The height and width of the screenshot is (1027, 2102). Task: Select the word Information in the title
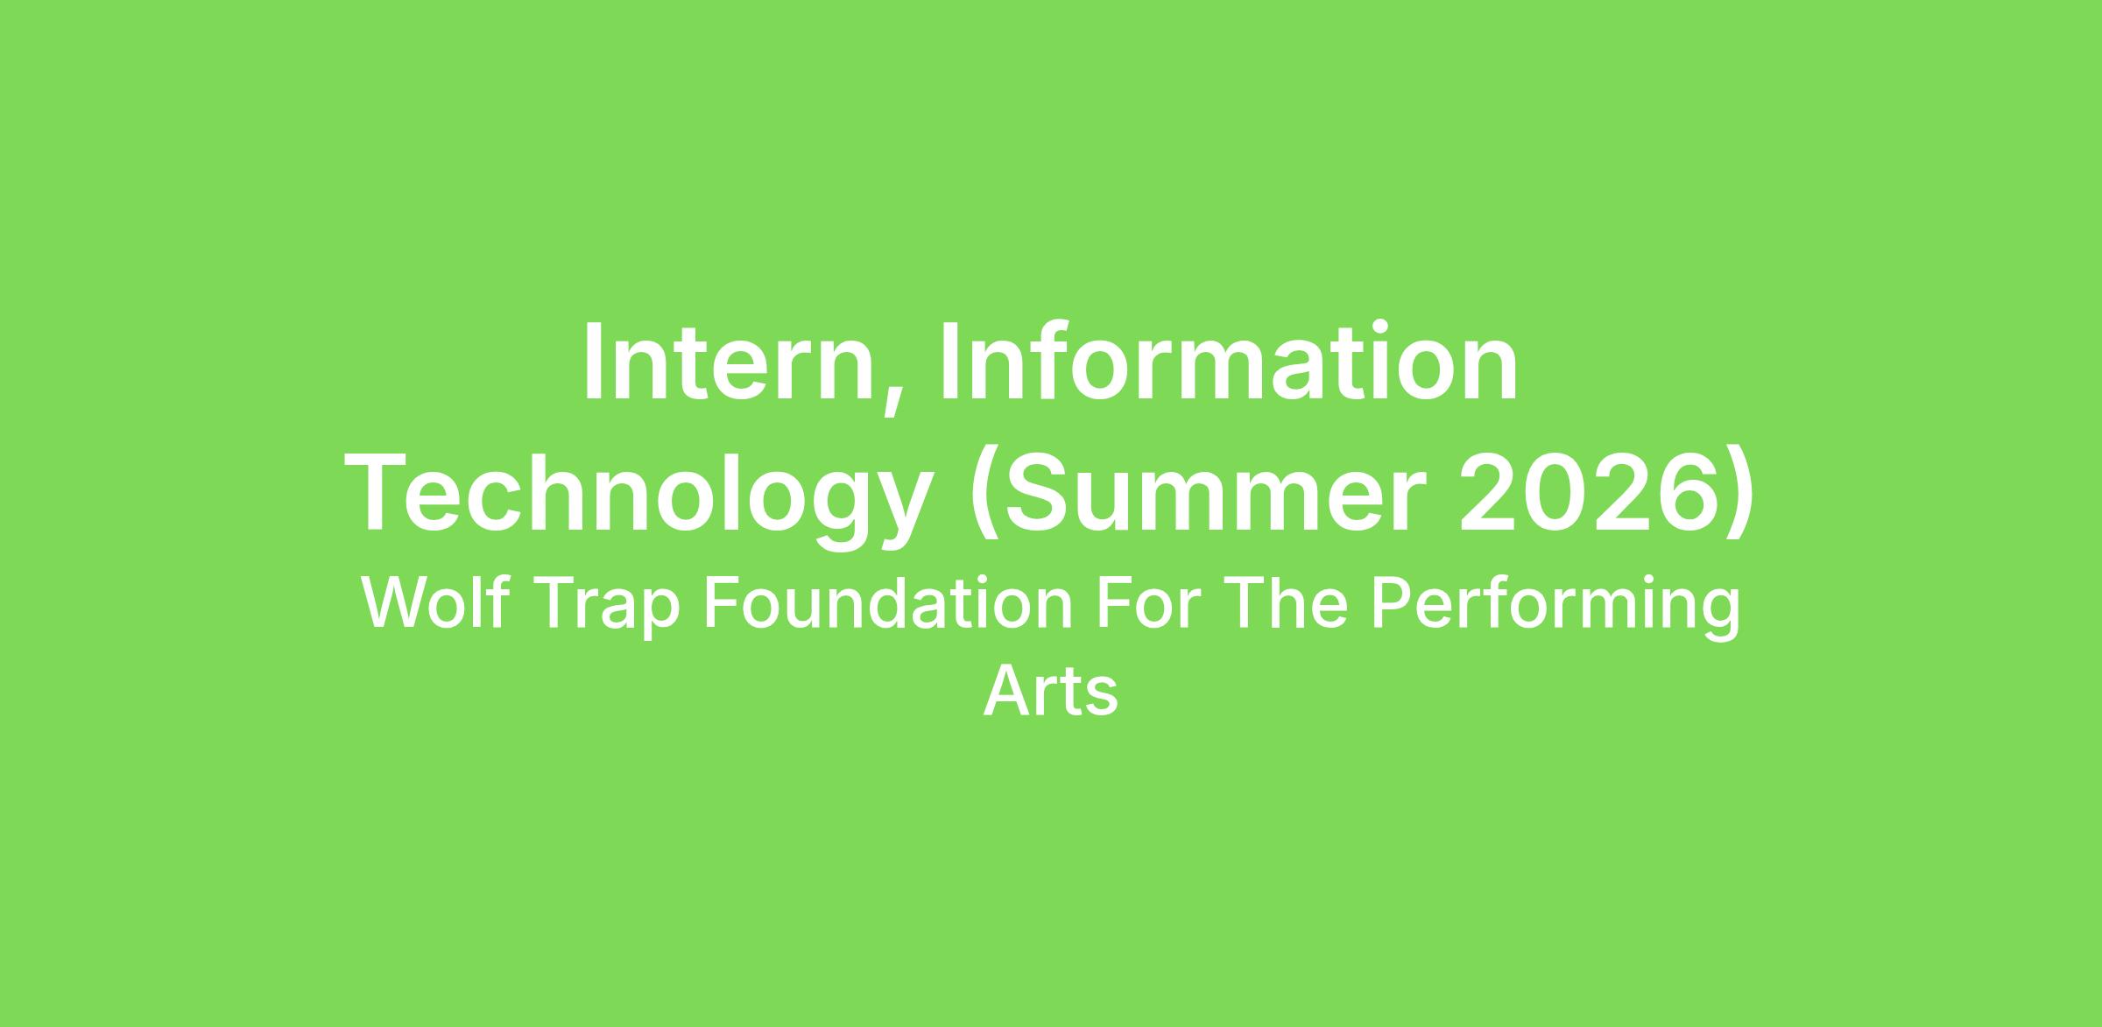tap(1228, 362)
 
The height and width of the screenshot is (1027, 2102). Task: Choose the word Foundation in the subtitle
tap(888, 603)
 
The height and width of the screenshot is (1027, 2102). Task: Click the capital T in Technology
tap(380, 493)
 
